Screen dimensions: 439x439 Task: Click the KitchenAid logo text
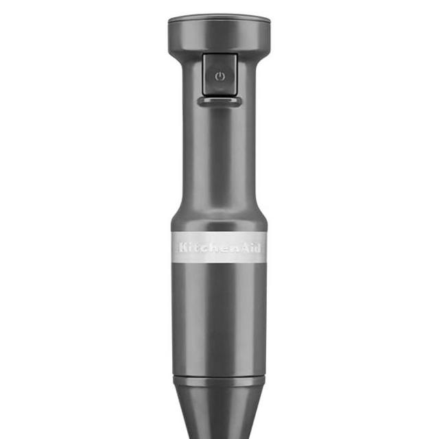pyautogui.click(x=219, y=247)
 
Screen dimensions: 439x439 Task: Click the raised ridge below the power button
pyautogui.click(x=219, y=102)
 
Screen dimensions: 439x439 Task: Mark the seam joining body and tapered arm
pyautogui.click(x=219, y=379)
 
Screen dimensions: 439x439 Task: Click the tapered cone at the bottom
pyautogui.click(x=219, y=412)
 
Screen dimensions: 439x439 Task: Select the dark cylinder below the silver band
pyautogui.click(x=219, y=316)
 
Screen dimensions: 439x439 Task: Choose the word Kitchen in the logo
pyautogui.click(x=205, y=247)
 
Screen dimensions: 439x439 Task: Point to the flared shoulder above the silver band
pyautogui.click(x=219, y=216)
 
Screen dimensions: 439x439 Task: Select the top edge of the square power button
pyautogui.click(x=219, y=58)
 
